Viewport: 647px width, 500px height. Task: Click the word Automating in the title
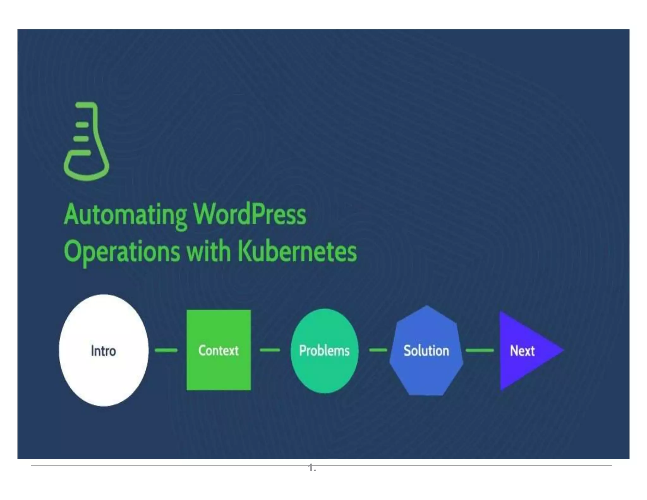(x=125, y=215)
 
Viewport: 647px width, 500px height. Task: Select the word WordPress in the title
(x=250, y=215)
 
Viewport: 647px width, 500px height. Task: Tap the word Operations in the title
(x=122, y=252)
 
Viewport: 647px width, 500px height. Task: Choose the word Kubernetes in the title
(x=297, y=252)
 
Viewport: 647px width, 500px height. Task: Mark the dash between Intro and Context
(x=166, y=350)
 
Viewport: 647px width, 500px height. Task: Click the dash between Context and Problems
(x=270, y=350)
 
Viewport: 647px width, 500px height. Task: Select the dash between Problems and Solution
(x=378, y=350)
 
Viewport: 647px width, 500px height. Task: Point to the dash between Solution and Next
(x=480, y=350)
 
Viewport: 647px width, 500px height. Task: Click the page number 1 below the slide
(x=311, y=467)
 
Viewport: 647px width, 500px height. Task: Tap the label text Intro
(x=103, y=351)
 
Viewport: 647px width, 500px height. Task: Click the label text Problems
(x=324, y=351)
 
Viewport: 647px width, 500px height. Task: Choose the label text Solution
(x=426, y=351)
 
